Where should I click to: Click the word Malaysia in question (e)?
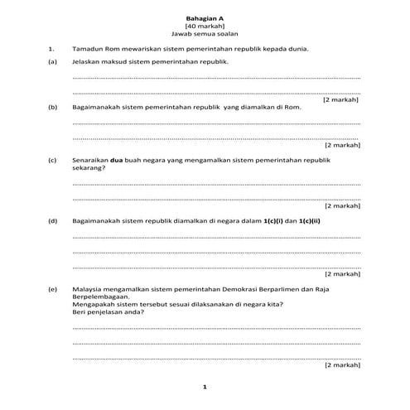coord(88,287)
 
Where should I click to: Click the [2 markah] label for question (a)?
coord(341,100)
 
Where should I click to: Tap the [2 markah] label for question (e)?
coord(341,364)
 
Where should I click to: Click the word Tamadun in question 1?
coord(88,50)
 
